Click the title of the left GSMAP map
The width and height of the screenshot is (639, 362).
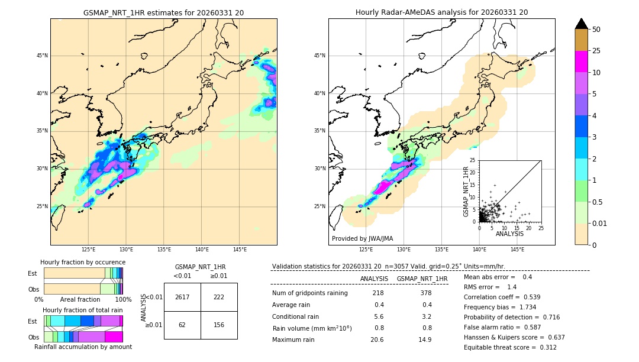point(163,12)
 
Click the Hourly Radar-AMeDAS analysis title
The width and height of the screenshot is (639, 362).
point(441,12)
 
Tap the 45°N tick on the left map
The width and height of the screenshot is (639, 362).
point(42,56)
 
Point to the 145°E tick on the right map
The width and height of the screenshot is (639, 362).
point(517,250)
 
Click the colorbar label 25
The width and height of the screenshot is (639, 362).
point(596,51)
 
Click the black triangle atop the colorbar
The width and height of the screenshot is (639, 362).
point(582,24)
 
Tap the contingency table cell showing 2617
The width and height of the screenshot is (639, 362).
point(182,297)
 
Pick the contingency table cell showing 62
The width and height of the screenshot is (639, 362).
point(182,325)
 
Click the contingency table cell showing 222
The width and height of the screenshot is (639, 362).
point(219,297)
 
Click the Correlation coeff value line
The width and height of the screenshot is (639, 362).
point(511,297)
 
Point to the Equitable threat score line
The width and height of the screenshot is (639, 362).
point(510,347)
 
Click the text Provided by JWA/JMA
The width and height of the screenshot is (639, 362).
point(362,239)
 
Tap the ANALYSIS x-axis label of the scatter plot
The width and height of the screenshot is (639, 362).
point(509,234)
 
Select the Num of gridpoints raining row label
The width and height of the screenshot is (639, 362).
point(309,293)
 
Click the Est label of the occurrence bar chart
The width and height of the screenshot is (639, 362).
point(33,273)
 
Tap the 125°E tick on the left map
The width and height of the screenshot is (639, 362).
point(89,250)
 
